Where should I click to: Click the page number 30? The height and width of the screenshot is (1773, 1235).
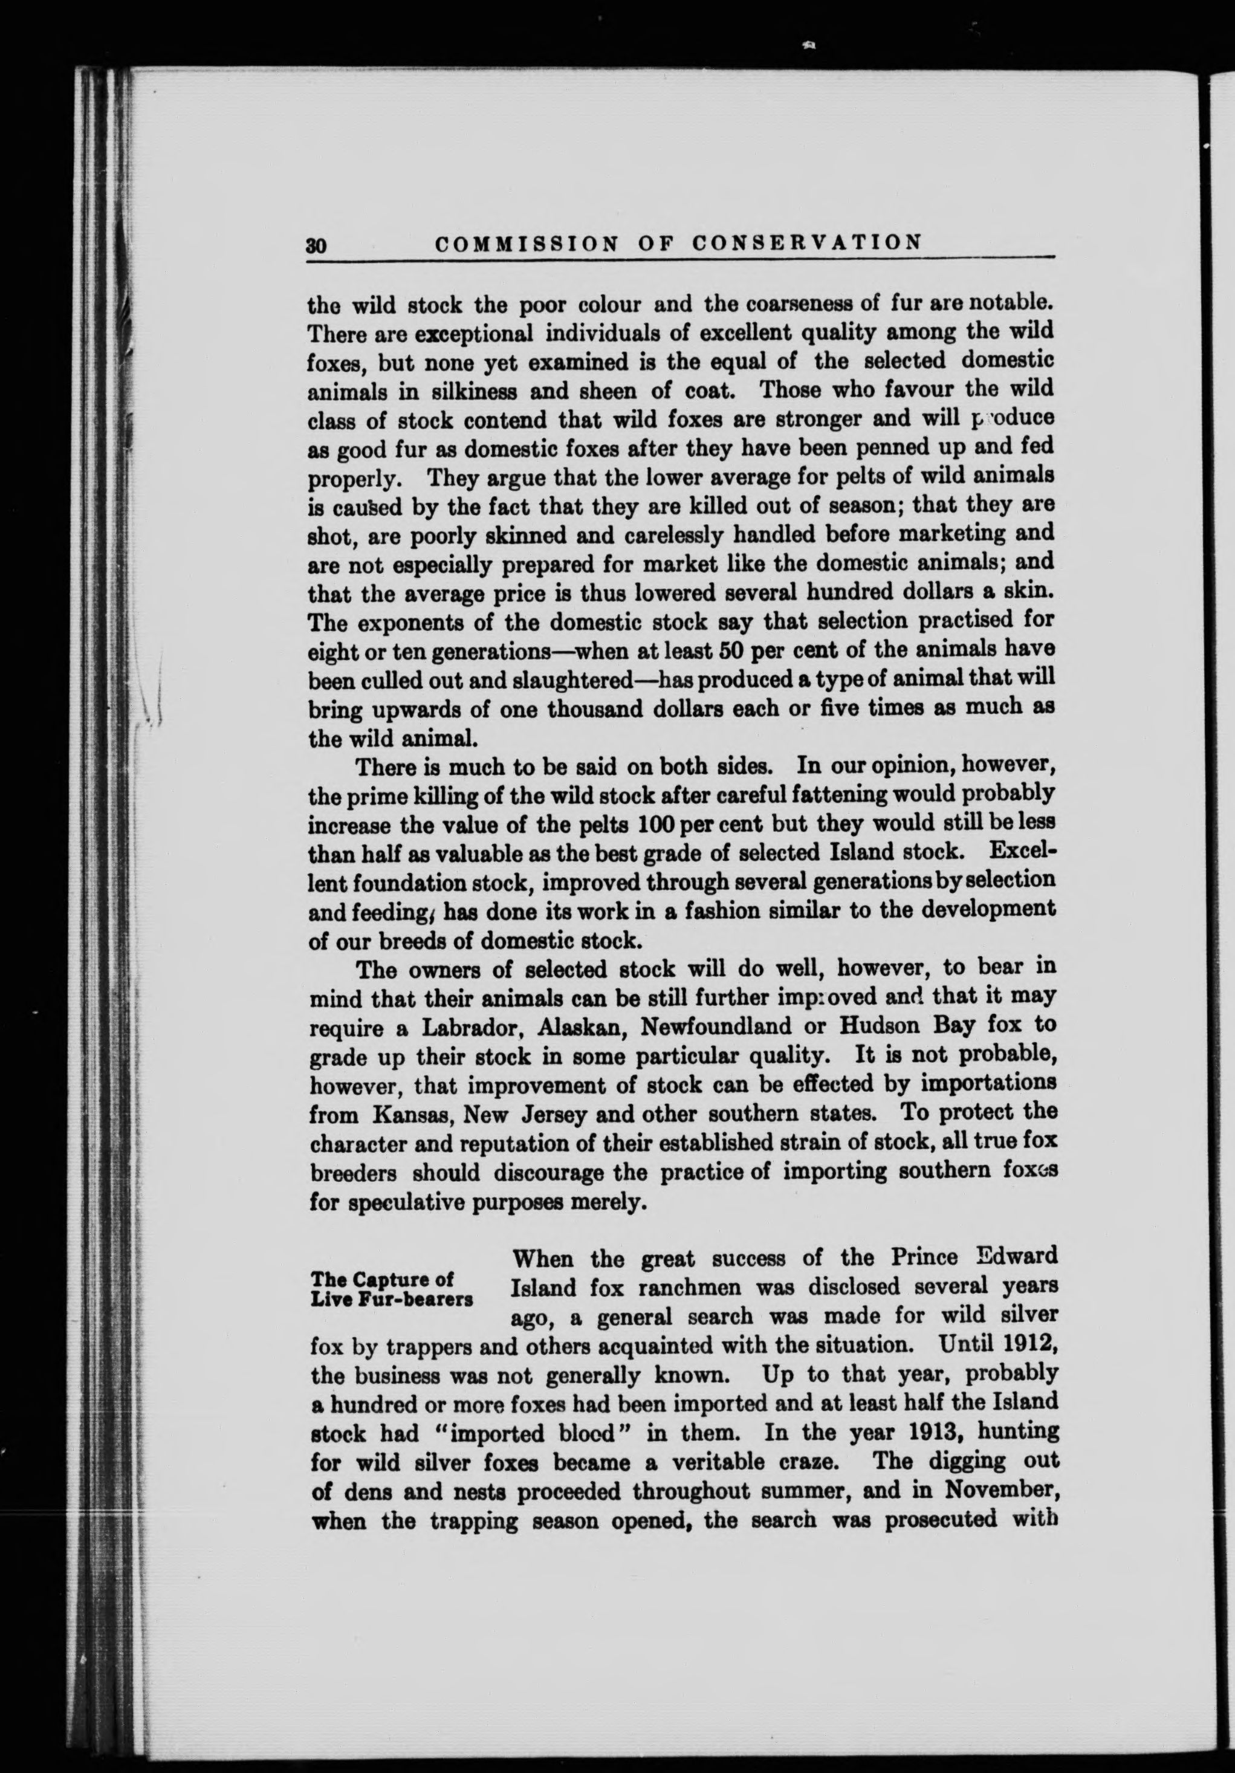[317, 245]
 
